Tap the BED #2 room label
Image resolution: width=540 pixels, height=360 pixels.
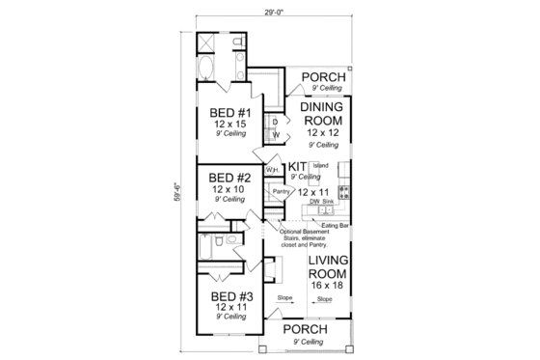229,178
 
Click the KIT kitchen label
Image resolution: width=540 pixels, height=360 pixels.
297,167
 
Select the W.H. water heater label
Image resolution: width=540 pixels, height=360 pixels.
273,171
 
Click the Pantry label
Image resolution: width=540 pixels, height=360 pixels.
282,192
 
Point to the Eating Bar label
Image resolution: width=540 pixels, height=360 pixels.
335,224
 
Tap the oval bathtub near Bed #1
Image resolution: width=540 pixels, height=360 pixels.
210,69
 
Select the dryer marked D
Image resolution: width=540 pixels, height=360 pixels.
276,121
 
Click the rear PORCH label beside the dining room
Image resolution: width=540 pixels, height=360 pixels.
321,77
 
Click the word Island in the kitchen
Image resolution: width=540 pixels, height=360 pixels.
321,166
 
